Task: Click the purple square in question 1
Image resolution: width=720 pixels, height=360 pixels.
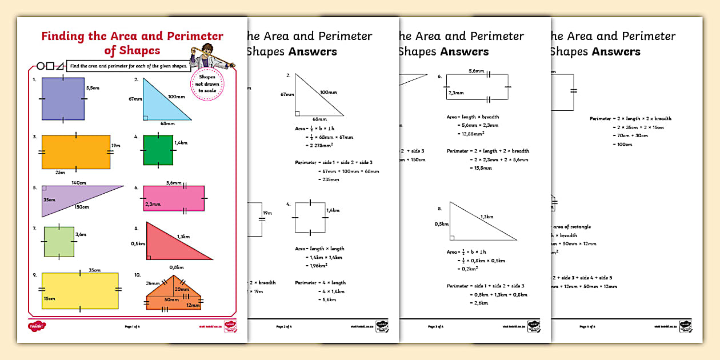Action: (63, 98)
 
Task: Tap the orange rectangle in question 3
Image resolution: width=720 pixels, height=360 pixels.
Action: (75, 152)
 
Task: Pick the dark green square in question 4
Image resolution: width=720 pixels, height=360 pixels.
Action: (158, 150)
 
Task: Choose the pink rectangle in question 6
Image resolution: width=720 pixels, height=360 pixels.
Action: (174, 198)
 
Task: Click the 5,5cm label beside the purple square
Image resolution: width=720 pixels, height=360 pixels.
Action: (92, 89)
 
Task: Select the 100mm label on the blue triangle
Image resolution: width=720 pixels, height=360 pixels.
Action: (175, 97)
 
